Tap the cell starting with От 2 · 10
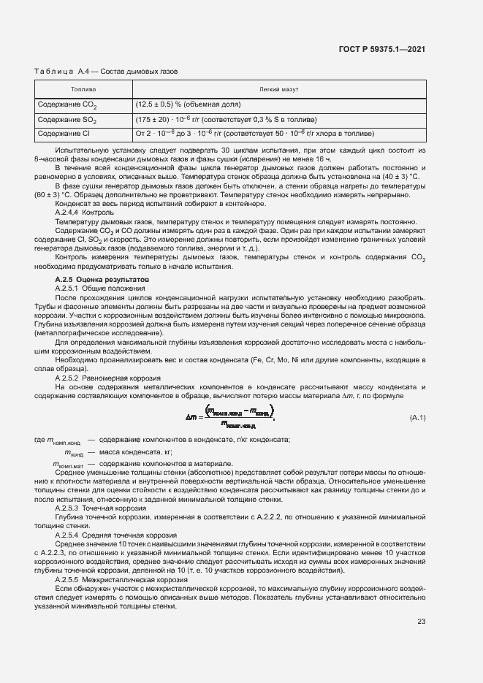[x=255, y=134]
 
